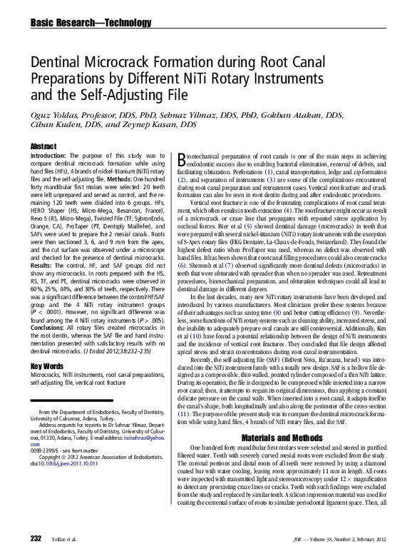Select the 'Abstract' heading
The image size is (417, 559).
click(x=43, y=146)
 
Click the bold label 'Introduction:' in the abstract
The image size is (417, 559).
click(x=49, y=156)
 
